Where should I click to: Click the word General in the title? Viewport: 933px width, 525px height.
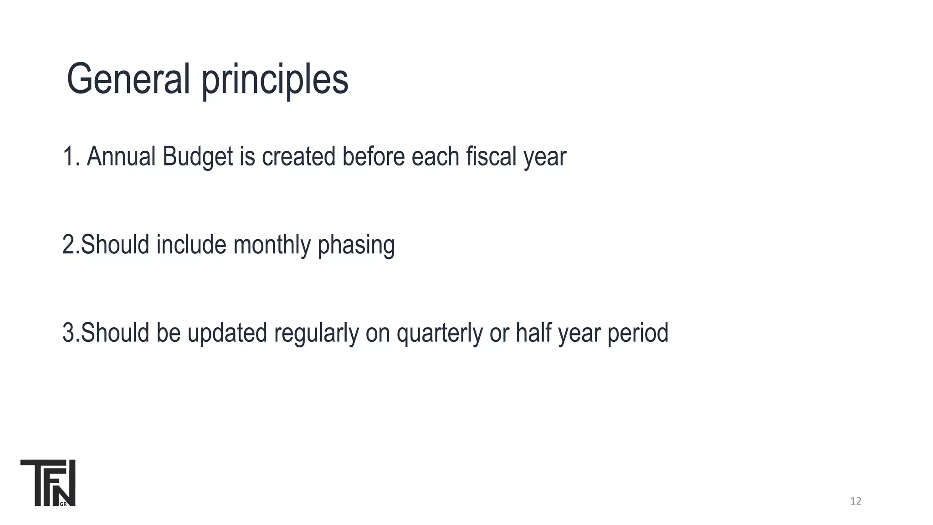(128, 79)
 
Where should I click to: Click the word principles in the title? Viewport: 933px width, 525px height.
(275, 81)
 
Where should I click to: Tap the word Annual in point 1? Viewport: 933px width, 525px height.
(121, 156)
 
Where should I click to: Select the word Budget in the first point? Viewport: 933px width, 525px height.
(198, 157)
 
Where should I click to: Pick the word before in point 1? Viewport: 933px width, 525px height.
(374, 156)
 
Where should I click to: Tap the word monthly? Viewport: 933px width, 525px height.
(272, 245)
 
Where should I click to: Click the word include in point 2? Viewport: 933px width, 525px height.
(191, 245)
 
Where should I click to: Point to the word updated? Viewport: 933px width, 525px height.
(227, 333)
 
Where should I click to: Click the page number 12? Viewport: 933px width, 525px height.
(856, 501)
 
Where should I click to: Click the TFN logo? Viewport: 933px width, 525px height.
(48, 483)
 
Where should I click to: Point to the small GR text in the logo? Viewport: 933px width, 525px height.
(63, 504)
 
